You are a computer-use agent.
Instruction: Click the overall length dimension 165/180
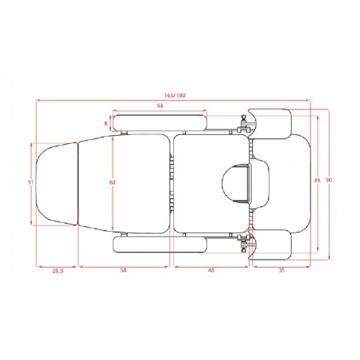(x=175, y=95)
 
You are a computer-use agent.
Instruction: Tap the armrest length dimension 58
(x=160, y=106)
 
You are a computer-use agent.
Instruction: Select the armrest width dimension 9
(x=106, y=124)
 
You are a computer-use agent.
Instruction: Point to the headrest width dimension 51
(x=31, y=182)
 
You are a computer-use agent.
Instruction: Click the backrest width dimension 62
(x=113, y=182)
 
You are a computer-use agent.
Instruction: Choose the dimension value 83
(x=317, y=181)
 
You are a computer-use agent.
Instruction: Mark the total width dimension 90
(x=329, y=180)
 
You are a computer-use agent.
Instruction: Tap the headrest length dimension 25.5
(x=58, y=271)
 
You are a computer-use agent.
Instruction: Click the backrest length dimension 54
(x=123, y=271)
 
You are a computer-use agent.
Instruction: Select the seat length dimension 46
(x=211, y=271)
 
